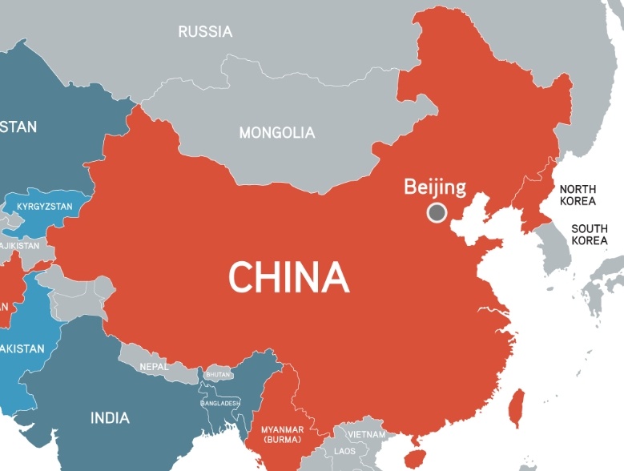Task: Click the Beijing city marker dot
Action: (x=437, y=212)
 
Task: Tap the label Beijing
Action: (x=434, y=187)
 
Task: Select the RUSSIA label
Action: (x=205, y=32)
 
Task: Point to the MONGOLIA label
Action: (x=277, y=133)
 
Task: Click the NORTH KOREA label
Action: (x=578, y=195)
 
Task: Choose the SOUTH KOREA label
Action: (x=589, y=235)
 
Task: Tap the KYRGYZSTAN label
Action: (x=44, y=207)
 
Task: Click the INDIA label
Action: (x=110, y=417)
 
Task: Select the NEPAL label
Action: (x=154, y=366)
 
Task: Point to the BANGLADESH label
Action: (x=220, y=403)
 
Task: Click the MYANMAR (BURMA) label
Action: (x=281, y=434)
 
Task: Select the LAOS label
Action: (x=344, y=451)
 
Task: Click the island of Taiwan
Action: (x=517, y=406)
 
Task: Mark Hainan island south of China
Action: (x=414, y=457)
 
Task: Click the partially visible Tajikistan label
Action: (x=19, y=245)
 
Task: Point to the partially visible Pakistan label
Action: (x=22, y=348)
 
